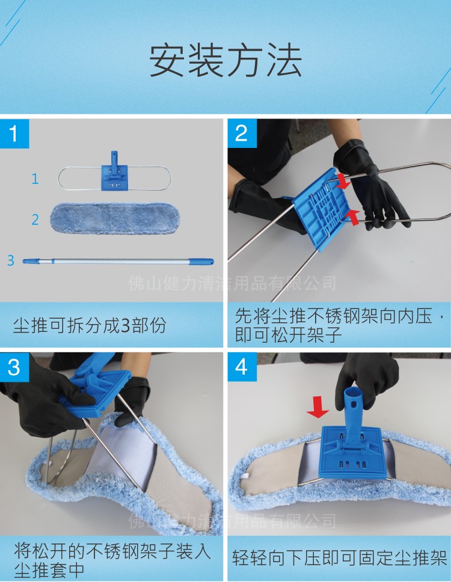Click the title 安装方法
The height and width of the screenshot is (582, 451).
click(226, 60)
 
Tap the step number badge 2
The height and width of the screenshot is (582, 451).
click(241, 133)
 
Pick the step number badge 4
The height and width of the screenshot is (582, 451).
click(241, 367)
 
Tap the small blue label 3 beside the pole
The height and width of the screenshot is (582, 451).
click(10, 260)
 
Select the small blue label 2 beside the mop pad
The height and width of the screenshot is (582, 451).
click(35, 219)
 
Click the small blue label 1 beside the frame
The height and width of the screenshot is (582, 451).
click(35, 179)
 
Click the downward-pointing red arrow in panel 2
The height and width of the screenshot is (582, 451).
click(343, 180)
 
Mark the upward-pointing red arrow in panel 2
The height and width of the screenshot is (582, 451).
click(354, 216)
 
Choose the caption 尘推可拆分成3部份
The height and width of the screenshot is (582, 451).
click(90, 326)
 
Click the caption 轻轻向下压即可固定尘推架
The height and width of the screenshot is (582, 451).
click(340, 558)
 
